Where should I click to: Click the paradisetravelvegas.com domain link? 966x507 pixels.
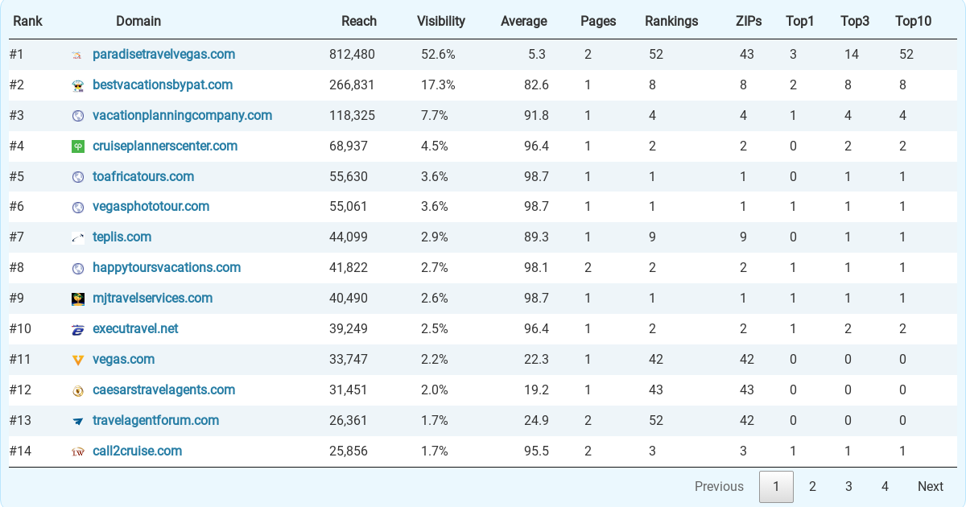coord(164,55)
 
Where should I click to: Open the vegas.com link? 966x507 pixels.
coord(123,359)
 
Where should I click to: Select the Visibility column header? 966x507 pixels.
coord(441,21)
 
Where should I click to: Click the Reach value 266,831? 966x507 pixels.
coord(352,85)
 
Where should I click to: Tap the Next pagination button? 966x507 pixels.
coord(931,486)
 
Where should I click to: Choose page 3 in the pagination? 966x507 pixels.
coord(848,486)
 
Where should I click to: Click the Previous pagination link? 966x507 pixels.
coord(719,486)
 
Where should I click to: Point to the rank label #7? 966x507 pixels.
coord(17,237)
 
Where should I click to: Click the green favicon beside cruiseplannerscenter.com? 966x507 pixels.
coord(77,146)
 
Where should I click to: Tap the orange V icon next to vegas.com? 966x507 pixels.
coord(77,360)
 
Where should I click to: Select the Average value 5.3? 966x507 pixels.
coord(536,55)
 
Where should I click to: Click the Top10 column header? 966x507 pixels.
coord(913,21)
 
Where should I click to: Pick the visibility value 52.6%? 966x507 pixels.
coord(438,55)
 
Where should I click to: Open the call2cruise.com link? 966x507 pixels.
coord(137,451)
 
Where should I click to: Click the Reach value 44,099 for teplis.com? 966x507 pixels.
coord(349,237)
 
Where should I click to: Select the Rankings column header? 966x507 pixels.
coord(671,21)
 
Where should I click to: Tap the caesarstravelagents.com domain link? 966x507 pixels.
coord(164,390)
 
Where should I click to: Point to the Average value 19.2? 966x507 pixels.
coord(536,390)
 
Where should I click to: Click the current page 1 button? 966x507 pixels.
coord(776,486)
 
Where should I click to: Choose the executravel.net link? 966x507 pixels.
coord(135,328)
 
